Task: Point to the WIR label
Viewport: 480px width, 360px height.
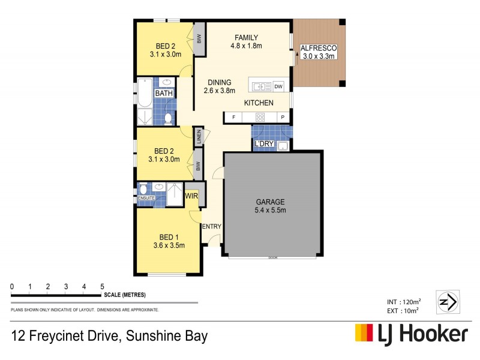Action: click(192, 196)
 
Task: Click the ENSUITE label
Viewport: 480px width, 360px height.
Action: click(146, 197)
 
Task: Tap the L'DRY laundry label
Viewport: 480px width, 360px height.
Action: click(263, 145)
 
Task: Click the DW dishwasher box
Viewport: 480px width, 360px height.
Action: click(278, 86)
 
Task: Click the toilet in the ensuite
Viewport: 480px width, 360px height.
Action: click(143, 188)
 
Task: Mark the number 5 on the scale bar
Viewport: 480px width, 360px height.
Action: click(103, 286)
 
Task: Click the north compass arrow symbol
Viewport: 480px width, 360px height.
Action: click(449, 300)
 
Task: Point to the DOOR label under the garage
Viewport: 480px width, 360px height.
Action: click(273, 258)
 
